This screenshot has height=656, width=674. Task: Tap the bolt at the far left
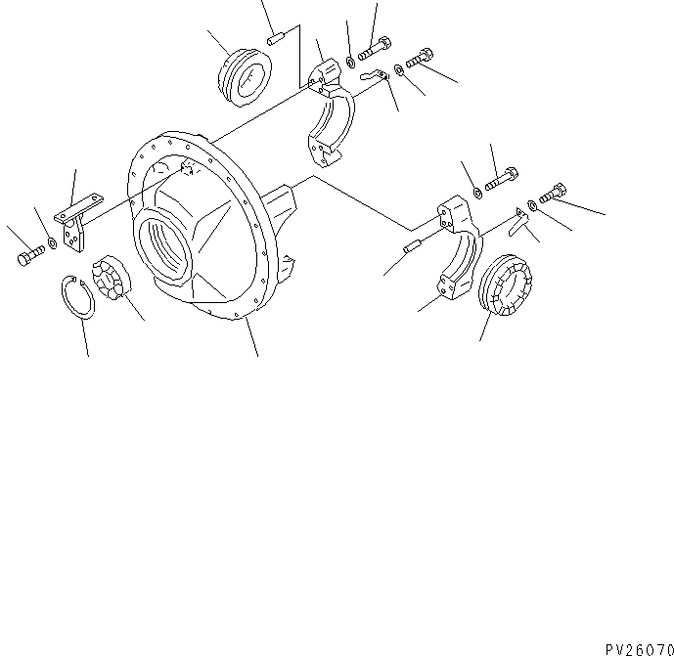[x=28, y=258]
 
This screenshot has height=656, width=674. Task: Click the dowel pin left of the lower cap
[x=412, y=248]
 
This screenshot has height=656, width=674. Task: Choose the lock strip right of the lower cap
[x=522, y=220]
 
